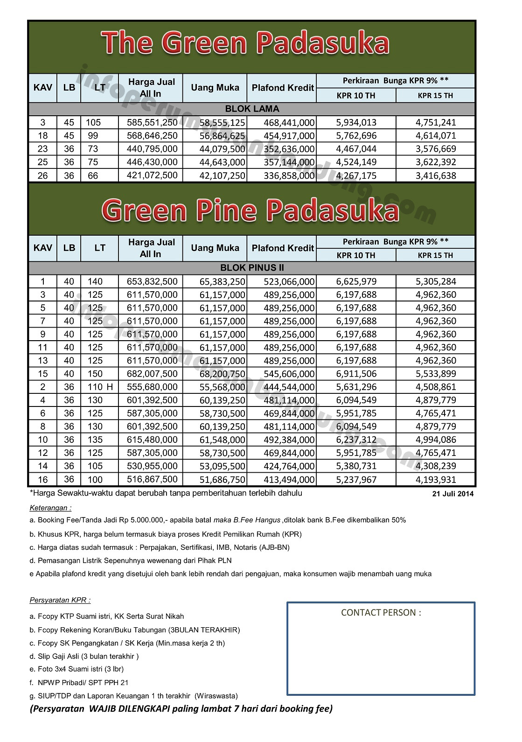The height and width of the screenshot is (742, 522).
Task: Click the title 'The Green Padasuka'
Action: click(246, 43)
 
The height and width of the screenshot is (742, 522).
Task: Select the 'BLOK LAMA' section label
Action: click(252, 109)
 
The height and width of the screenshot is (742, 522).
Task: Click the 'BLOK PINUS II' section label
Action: click(252, 268)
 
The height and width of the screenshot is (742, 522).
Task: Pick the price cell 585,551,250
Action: click(152, 122)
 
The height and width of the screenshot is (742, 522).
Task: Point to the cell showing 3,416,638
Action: click(436, 175)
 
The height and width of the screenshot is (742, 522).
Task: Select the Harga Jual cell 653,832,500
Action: click(152, 281)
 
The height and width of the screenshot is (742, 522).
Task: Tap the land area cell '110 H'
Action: click(100, 387)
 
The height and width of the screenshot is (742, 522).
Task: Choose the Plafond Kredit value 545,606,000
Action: click(283, 374)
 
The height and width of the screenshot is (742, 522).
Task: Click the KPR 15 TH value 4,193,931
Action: click(436, 479)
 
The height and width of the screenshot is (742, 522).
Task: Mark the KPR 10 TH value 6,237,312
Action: click(356, 440)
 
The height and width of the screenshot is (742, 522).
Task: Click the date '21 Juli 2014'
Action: click(452, 494)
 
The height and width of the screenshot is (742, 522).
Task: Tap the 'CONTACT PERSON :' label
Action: click(381, 613)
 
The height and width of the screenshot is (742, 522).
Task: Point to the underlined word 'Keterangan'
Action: click(50, 508)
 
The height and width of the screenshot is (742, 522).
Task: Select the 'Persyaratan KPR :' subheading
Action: click(60, 600)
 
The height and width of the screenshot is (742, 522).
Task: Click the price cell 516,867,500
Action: click(152, 479)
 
